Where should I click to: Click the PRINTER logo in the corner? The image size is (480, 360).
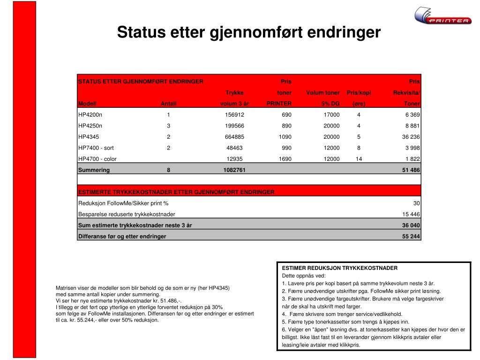tap(443, 16)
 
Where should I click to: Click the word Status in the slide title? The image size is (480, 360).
tap(137, 32)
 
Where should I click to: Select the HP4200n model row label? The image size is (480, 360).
tap(90, 114)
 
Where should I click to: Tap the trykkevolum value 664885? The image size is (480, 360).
tap(235, 137)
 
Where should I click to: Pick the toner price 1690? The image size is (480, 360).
tap(285, 159)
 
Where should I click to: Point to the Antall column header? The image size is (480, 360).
tap(168, 104)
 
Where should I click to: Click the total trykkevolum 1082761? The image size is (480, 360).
tap(234, 170)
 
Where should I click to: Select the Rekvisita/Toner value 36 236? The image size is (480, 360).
tap(411, 137)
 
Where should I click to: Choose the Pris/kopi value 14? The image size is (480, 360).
tap(359, 159)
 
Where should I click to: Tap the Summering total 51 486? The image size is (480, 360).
tap(411, 170)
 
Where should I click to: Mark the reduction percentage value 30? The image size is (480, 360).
tap(416, 203)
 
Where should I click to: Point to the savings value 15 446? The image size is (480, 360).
tap(411, 214)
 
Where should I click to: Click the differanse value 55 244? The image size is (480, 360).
tap(411, 237)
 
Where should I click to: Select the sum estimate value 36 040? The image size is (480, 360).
tap(411, 225)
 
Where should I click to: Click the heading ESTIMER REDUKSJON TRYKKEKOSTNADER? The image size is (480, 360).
tap(339, 268)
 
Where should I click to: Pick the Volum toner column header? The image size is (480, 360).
tap(322, 92)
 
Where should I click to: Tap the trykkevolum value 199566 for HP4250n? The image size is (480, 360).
tap(235, 126)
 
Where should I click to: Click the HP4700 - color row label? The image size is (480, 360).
tap(97, 159)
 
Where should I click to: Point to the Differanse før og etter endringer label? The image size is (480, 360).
tap(122, 237)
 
